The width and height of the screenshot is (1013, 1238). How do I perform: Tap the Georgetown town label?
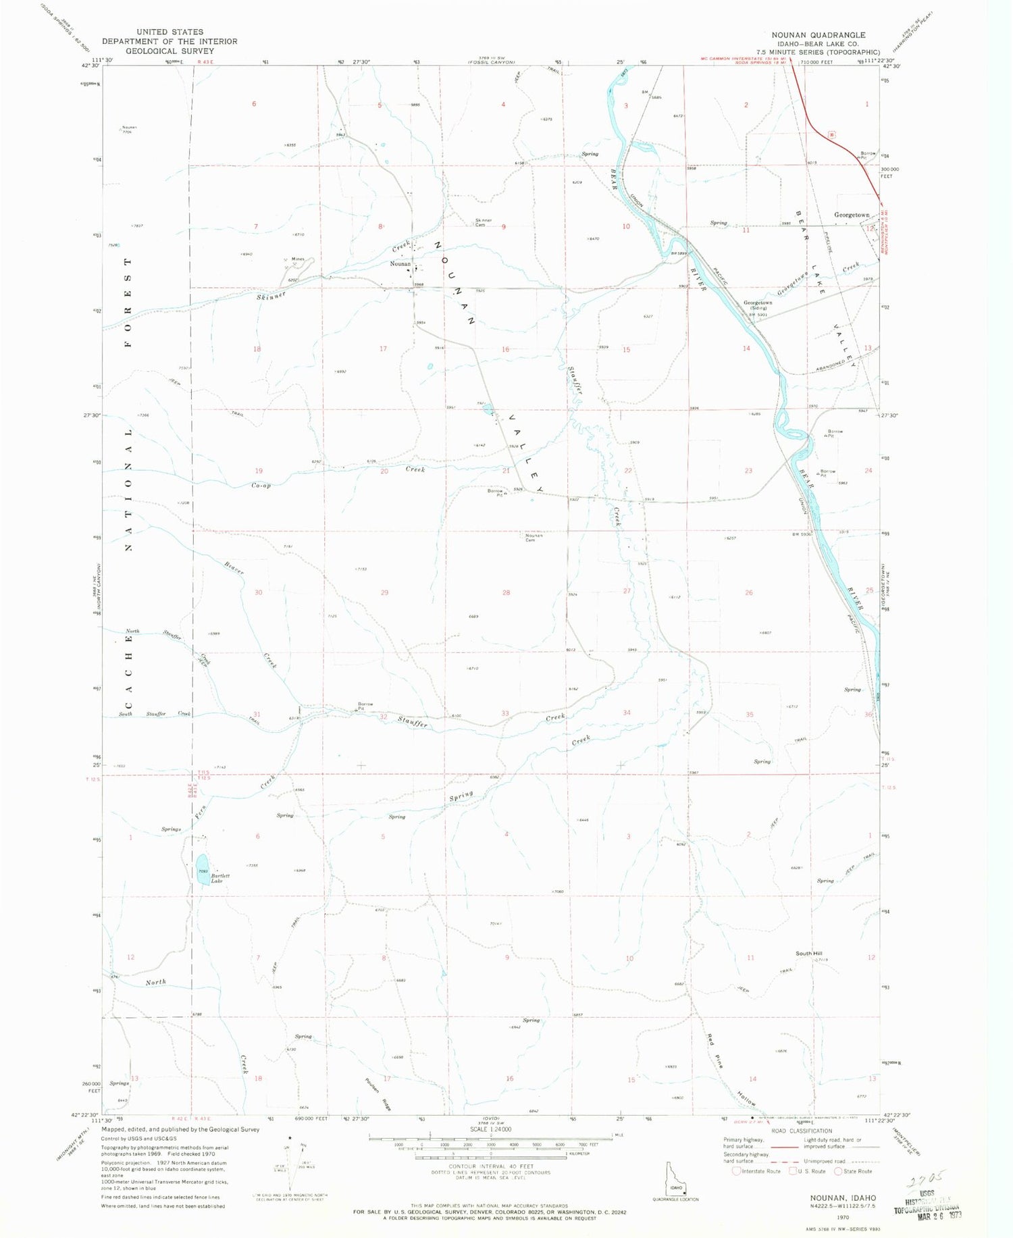(852, 215)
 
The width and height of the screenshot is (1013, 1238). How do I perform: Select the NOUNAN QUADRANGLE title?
(819, 35)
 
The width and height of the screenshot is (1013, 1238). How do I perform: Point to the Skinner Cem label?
(484, 222)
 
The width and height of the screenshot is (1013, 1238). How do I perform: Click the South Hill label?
(808, 953)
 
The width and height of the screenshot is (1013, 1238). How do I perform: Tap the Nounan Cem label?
(530, 538)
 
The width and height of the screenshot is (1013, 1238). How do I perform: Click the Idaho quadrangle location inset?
(675, 1181)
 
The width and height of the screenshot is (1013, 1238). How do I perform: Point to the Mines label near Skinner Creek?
(298, 259)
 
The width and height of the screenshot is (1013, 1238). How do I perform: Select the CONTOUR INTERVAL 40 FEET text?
(490, 1166)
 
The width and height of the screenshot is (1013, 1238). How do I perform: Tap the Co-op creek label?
(261, 485)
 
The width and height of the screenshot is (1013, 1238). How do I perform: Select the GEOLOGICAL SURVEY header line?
(169, 51)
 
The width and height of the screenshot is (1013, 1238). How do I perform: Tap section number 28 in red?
(506, 592)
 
